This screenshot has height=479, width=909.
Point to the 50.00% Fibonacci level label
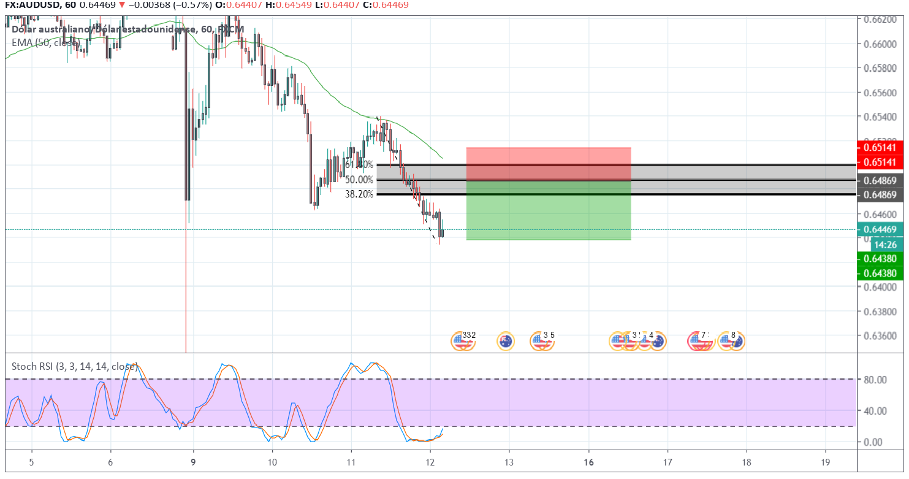point(359,180)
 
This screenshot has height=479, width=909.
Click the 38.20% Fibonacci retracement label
point(359,194)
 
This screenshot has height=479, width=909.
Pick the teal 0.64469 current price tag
point(880,229)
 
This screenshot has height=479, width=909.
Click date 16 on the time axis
point(588,461)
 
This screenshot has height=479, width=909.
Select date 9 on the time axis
point(194,461)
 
